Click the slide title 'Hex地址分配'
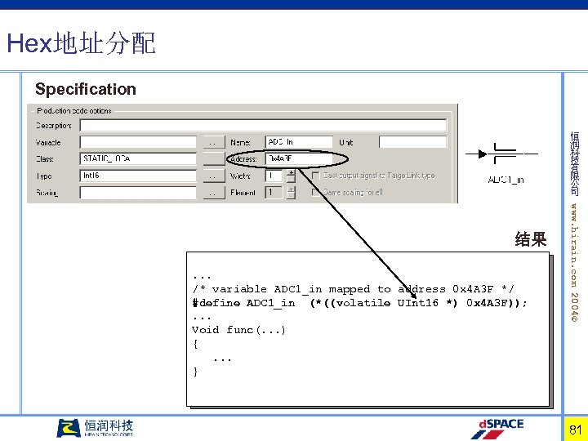click(x=80, y=42)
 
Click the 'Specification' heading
click(x=86, y=89)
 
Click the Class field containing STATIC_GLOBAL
click(x=139, y=158)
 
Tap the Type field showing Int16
click(x=139, y=176)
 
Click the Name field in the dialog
click(x=299, y=142)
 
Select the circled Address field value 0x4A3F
click(x=299, y=158)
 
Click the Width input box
click(x=274, y=176)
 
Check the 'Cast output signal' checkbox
click(x=315, y=176)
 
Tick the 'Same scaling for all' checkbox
click(x=315, y=193)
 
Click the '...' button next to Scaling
click(x=213, y=193)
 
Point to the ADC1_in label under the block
click(x=506, y=180)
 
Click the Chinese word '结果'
click(x=531, y=239)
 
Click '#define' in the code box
click(x=216, y=303)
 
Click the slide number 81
click(x=575, y=429)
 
